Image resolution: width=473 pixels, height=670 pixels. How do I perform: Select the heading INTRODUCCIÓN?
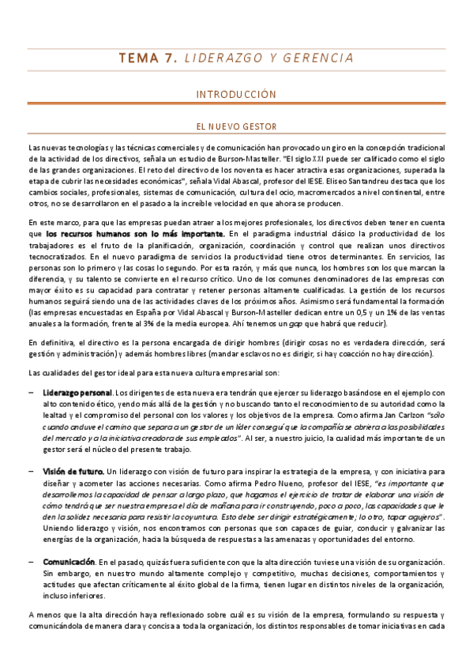pos(236,95)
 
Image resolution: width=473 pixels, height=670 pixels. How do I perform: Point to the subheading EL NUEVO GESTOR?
pos(236,125)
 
